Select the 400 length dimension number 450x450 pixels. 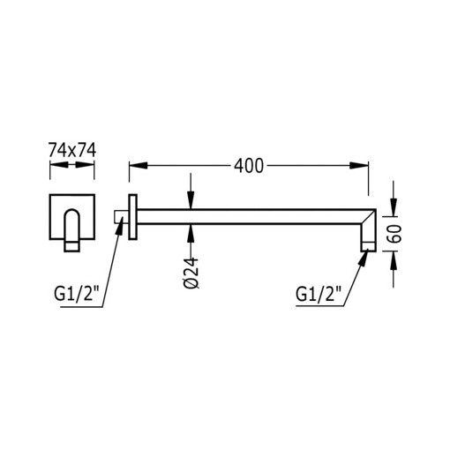point(249,166)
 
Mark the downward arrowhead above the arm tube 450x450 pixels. point(191,200)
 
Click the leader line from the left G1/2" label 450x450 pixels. point(110,265)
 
